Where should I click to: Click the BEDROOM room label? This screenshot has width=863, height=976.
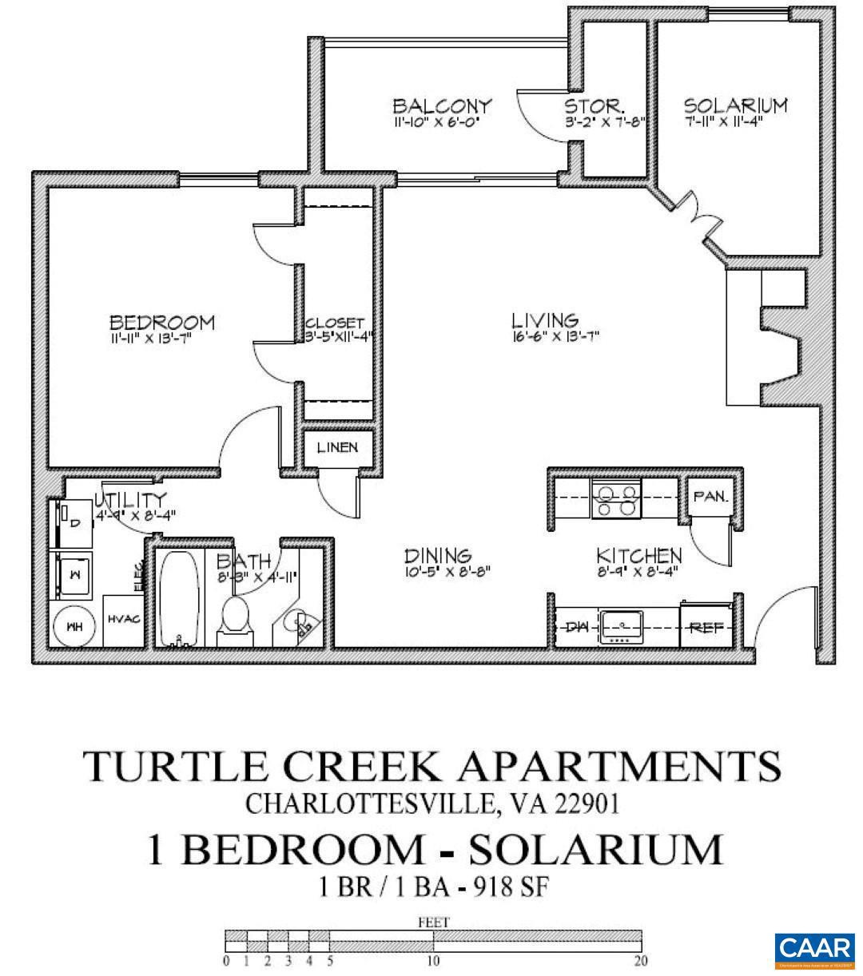161,323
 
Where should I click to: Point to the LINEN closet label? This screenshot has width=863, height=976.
337,447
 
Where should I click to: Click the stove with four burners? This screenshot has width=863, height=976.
615,498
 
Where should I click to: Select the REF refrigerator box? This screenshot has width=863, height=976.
706,628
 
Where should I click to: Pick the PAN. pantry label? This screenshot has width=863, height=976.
710,496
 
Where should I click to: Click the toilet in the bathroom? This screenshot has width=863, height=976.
235,620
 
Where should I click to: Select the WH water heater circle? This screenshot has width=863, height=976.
74,628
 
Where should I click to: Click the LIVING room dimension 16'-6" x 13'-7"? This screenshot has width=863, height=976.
555,337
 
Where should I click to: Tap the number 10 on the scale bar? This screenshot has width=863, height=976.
433,961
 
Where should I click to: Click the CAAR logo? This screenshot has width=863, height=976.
814,949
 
